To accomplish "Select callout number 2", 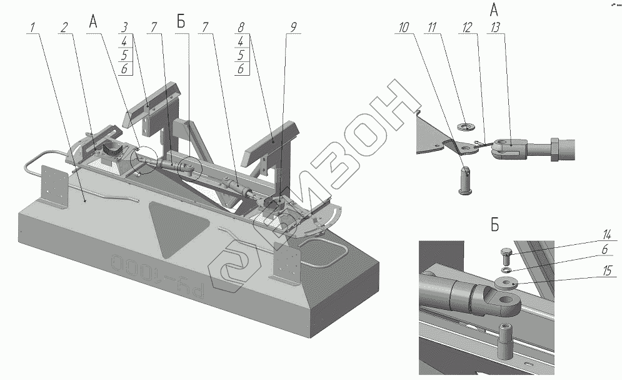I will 64,27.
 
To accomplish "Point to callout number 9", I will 293,27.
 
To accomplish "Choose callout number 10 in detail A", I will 404,27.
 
